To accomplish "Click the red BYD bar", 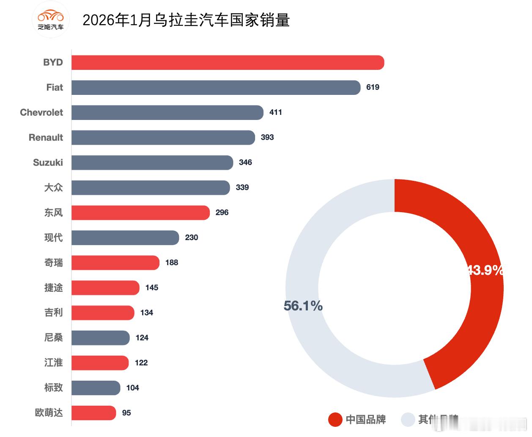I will pyautogui.click(x=228, y=63).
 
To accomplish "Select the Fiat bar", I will pyautogui.click(x=216, y=88).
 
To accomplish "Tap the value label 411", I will pyautogui.click(x=276, y=112).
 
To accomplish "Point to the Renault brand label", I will pyautogui.click(x=46, y=138).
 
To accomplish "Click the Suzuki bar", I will pyautogui.click(x=152, y=163).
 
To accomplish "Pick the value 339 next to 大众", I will pyautogui.click(x=242, y=188).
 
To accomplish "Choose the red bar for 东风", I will pyautogui.click(x=140, y=213).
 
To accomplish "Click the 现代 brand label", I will pyautogui.click(x=53, y=238).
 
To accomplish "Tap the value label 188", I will pyautogui.click(x=172, y=263).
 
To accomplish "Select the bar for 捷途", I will pyautogui.click(x=105, y=288).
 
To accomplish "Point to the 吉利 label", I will pyautogui.click(x=53, y=313).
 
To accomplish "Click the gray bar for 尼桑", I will pyautogui.click(x=101, y=338).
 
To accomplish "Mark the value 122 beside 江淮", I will pyautogui.click(x=141, y=363).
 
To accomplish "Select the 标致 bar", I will pyautogui.click(x=96, y=388).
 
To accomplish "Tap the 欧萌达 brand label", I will pyautogui.click(x=49, y=413).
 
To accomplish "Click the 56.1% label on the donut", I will pyautogui.click(x=303, y=306).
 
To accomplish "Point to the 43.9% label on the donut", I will pyautogui.click(x=485, y=270).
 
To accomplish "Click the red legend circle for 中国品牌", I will pyautogui.click(x=335, y=420).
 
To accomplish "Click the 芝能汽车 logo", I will pyautogui.click(x=51, y=20).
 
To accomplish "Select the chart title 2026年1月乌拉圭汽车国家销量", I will pyautogui.click(x=186, y=20).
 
